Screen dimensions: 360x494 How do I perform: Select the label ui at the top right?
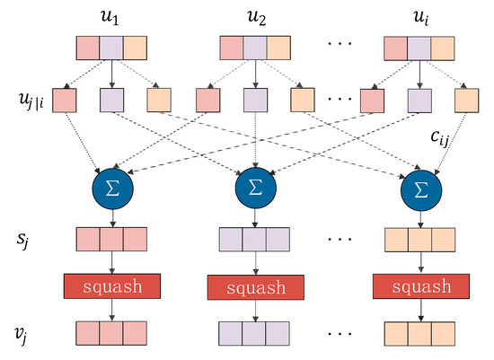click(418, 16)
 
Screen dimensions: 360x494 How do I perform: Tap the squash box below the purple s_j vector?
click(253, 287)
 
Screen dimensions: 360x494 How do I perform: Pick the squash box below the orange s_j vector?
click(419, 287)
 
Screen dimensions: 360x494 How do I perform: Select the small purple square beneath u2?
click(253, 99)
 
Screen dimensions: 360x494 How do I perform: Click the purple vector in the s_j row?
click(253, 240)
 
